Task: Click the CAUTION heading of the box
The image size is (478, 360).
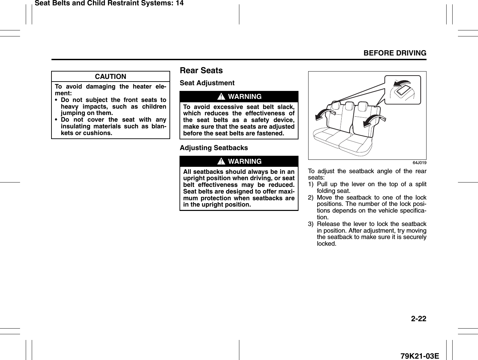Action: pyautogui.click(x=110, y=77)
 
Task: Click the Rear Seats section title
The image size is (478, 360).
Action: pyautogui.click(x=201, y=71)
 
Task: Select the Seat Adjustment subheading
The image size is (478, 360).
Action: pyautogui.click(x=207, y=83)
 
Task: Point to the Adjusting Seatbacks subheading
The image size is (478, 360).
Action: pyautogui.click(x=214, y=148)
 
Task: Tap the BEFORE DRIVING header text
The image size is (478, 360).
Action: pyautogui.click(x=395, y=53)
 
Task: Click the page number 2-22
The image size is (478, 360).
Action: pyautogui.click(x=419, y=319)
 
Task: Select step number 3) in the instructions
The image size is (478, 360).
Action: pyautogui.click(x=311, y=224)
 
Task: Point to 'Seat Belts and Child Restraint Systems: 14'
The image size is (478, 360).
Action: pyautogui.click(x=109, y=3)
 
